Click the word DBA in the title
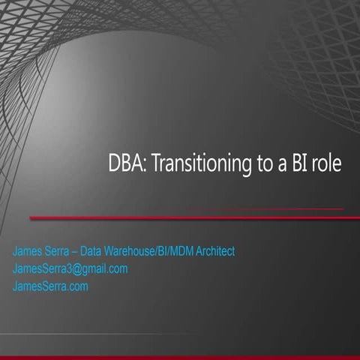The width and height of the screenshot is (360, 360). click(x=121, y=164)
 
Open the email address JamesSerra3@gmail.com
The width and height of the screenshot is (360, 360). click(x=70, y=268)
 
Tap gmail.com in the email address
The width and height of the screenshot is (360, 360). click(x=105, y=268)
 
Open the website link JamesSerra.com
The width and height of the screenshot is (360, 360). click(x=50, y=286)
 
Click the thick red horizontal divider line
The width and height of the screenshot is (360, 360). click(x=187, y=218)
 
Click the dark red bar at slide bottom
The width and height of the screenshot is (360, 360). click(x=180, y=357)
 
